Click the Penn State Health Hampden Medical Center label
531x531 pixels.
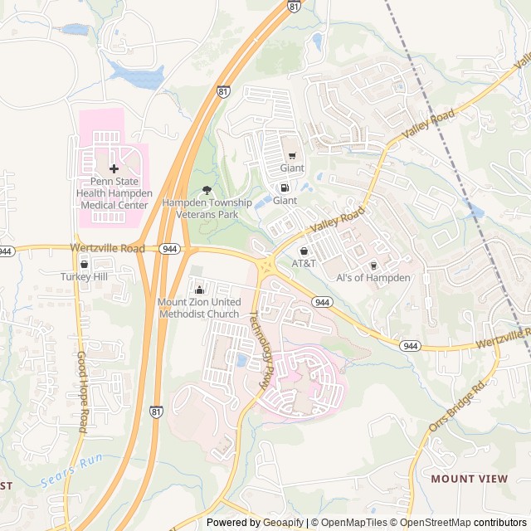click(114, 193)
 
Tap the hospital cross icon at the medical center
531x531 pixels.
click(114, 168)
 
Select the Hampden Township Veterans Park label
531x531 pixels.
click(207, 207)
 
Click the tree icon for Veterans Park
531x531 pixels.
click(207, 190)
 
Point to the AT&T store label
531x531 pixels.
click(304, 263)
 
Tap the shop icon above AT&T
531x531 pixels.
click(304, 251)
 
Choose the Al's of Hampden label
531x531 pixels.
click(373, 278)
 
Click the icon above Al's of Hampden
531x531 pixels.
click(373, 265)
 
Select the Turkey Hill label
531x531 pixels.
click(85, 276)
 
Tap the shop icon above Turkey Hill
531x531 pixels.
click(85, 264)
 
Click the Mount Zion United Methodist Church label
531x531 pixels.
click(199, 308)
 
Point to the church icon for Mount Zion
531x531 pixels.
click(199, 290)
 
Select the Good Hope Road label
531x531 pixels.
click(81, 392)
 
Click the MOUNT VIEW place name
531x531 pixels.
click(469, 479)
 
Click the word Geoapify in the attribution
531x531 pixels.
click(284, 523)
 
